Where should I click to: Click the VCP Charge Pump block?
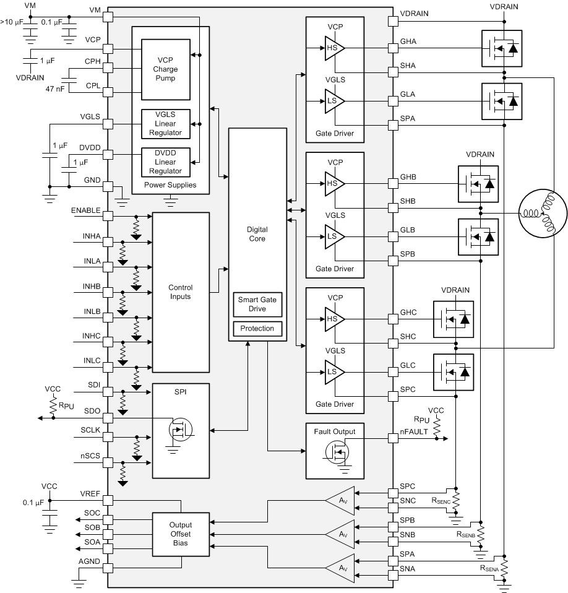click(165, 70)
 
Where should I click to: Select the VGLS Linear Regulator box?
click(165, 124)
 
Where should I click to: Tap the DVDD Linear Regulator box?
click(165, 162)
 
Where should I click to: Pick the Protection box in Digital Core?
click(257, 329)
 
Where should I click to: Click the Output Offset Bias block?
click(181, 534)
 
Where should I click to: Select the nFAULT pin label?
click(415, 432)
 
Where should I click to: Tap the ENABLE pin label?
click(85, 210)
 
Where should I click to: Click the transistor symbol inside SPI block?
click(179, 428)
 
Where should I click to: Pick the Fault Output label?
click(335, 431)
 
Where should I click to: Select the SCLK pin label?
click(90, 430)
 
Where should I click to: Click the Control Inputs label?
click(181, 292)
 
